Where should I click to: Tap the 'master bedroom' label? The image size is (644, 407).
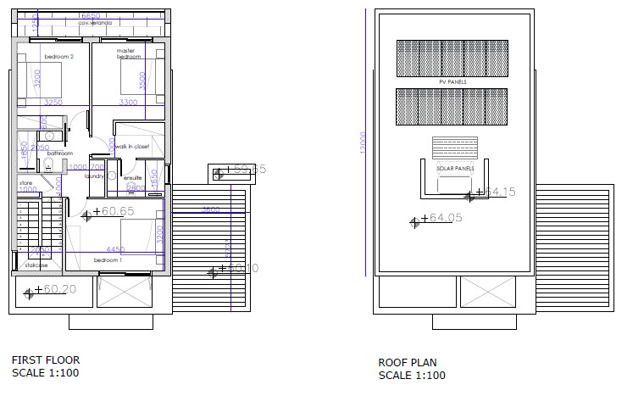128,53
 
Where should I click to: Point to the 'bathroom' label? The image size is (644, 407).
48,153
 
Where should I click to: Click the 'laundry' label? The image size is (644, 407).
94,176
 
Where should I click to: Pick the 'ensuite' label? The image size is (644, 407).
133,178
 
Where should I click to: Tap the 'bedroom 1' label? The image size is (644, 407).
108,259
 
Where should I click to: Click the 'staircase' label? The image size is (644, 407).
36,266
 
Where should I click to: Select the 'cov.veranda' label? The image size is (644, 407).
94,24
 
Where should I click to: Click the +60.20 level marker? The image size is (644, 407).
55,290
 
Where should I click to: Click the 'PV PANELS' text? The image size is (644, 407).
452,81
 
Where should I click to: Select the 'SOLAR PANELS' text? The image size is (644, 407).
455,168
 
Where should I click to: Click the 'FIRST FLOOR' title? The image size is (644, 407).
45,360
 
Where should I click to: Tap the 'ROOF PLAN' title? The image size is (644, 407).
408,363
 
